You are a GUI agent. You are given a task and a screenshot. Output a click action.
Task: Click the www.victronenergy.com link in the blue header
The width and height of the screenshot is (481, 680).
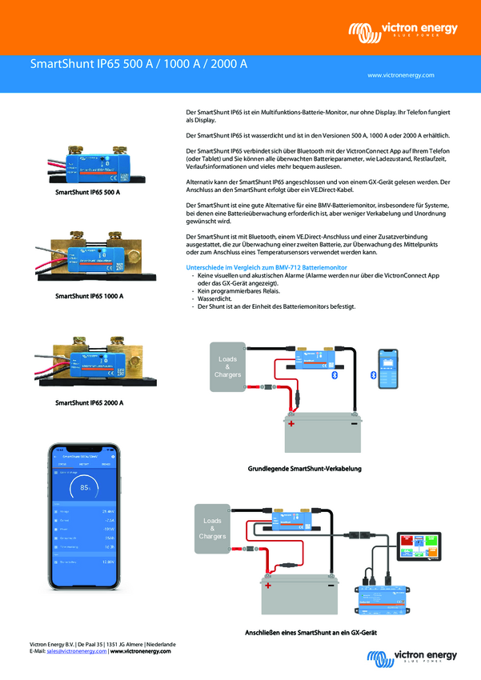click(x=400, y=74)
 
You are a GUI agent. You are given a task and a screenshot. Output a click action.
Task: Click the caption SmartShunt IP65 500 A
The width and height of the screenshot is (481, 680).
click(x=87, y=193)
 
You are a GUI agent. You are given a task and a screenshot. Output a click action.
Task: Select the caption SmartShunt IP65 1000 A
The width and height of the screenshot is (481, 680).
click(x=89, y=296)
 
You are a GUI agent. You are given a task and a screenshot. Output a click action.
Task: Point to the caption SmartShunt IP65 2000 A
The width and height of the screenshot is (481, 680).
click(x=89, y=402)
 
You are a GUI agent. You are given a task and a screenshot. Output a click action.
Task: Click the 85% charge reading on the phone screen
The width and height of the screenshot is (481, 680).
click(x=85, y=486)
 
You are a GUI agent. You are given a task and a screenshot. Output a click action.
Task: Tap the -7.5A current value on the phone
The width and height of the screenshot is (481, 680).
click(x=108, y=519)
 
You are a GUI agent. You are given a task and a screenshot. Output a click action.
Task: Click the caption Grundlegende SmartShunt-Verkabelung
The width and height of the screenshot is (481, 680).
click(x=305, y=468)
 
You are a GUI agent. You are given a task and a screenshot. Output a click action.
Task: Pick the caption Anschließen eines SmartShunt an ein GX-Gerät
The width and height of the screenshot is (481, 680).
click(x=299, y=633)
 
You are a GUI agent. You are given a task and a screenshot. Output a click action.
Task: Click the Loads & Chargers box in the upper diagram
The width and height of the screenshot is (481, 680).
click(x=227, y=367)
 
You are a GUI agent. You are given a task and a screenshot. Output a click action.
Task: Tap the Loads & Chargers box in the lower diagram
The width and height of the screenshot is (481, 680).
click(x=212, y=528)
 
